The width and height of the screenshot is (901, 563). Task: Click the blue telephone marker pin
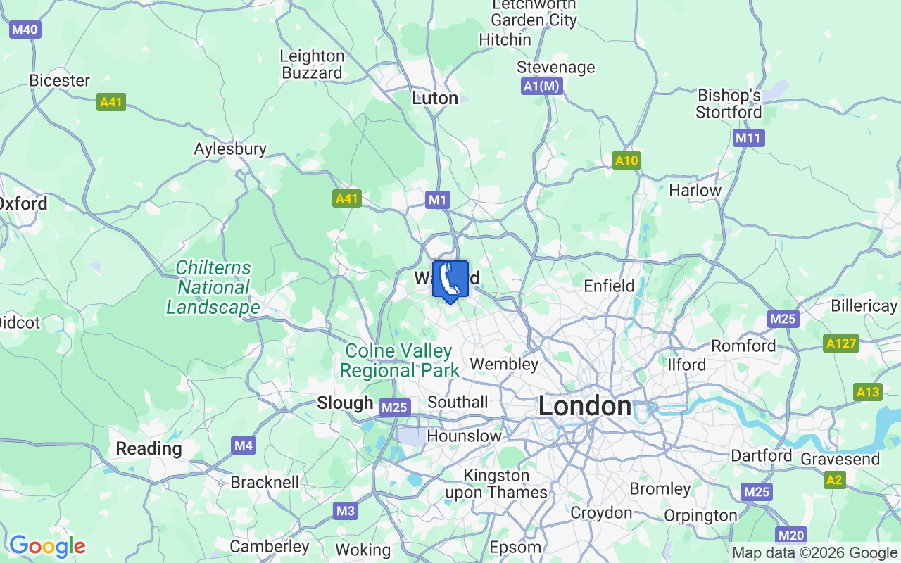point(450,281)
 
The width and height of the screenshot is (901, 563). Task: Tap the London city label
point(584,406)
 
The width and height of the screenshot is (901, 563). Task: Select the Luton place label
point(435,98)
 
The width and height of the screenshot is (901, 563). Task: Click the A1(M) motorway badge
point(542,86)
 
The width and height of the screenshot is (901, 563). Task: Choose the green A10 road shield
point(626,160)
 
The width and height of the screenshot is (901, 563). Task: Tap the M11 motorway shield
point(748,138)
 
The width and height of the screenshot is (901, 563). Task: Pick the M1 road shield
point(437,201)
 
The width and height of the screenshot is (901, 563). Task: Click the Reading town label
point(149,448)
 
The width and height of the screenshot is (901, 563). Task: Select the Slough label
point(345,403)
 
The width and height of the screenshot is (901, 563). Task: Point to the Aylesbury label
point(230,148)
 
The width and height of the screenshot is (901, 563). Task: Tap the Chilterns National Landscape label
point(213,287)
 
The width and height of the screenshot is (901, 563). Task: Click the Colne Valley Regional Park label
point(399,360)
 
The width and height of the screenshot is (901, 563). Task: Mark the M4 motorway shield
point(244,445)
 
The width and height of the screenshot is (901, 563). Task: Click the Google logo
point(47,545)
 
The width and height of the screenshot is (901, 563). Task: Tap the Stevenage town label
point(555,67)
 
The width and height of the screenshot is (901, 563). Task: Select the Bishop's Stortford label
point(729,103)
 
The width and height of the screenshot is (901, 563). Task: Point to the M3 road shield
point(345,511)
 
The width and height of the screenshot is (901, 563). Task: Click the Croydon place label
point(601,512)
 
